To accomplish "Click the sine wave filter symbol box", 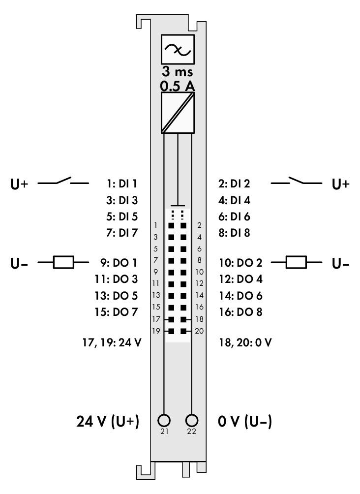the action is [178, 50].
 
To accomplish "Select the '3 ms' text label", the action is [178, 72].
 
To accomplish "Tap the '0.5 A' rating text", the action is [178, 86].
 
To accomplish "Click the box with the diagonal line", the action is [178, 113].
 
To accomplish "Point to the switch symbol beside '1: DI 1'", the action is [63, 181].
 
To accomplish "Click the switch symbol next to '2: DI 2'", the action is [296, 181].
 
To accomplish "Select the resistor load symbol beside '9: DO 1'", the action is [63, 262].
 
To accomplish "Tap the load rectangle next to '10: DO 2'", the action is [296, 262].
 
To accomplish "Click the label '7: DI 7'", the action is [122, 233].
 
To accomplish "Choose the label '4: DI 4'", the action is [234, 200].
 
